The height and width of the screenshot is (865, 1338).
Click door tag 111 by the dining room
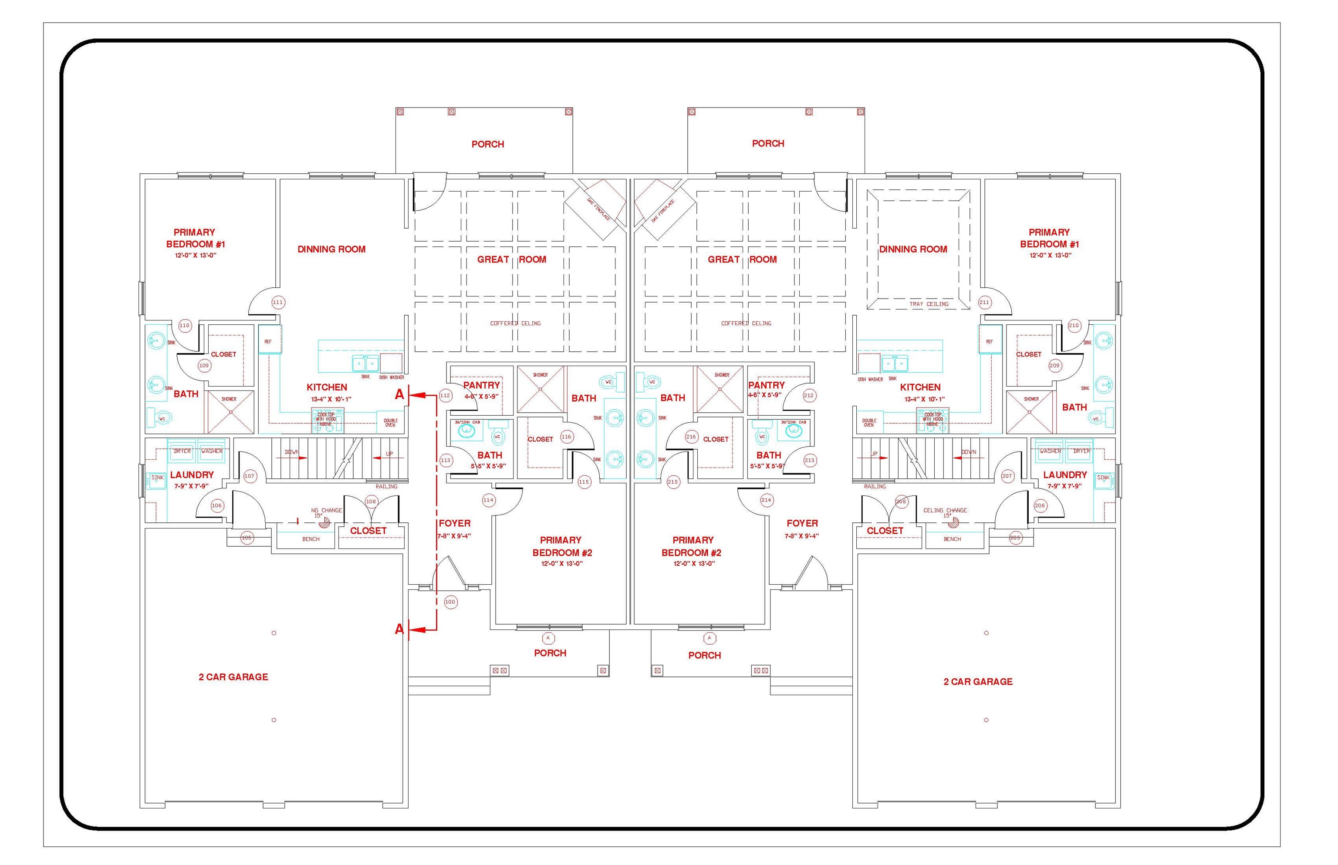[277, 302]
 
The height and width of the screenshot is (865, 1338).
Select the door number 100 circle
[450, 602]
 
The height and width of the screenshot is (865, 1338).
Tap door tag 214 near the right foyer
[766, 500]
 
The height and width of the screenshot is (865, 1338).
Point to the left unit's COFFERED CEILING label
[515, 323]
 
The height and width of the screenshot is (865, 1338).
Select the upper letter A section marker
[399, 395]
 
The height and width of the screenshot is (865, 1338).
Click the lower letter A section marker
[399, 629]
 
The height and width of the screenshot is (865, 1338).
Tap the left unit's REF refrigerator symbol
[269, 341]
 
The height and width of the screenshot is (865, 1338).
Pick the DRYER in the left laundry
[182, 451]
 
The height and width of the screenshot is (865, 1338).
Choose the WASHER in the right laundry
[1050, 451]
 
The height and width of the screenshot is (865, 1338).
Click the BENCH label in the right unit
[952, 539]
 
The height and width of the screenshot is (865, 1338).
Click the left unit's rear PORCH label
[487, 145]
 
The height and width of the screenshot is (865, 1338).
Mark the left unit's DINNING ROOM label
[331, 249]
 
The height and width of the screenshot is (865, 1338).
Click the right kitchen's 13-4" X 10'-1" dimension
[924, 399]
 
